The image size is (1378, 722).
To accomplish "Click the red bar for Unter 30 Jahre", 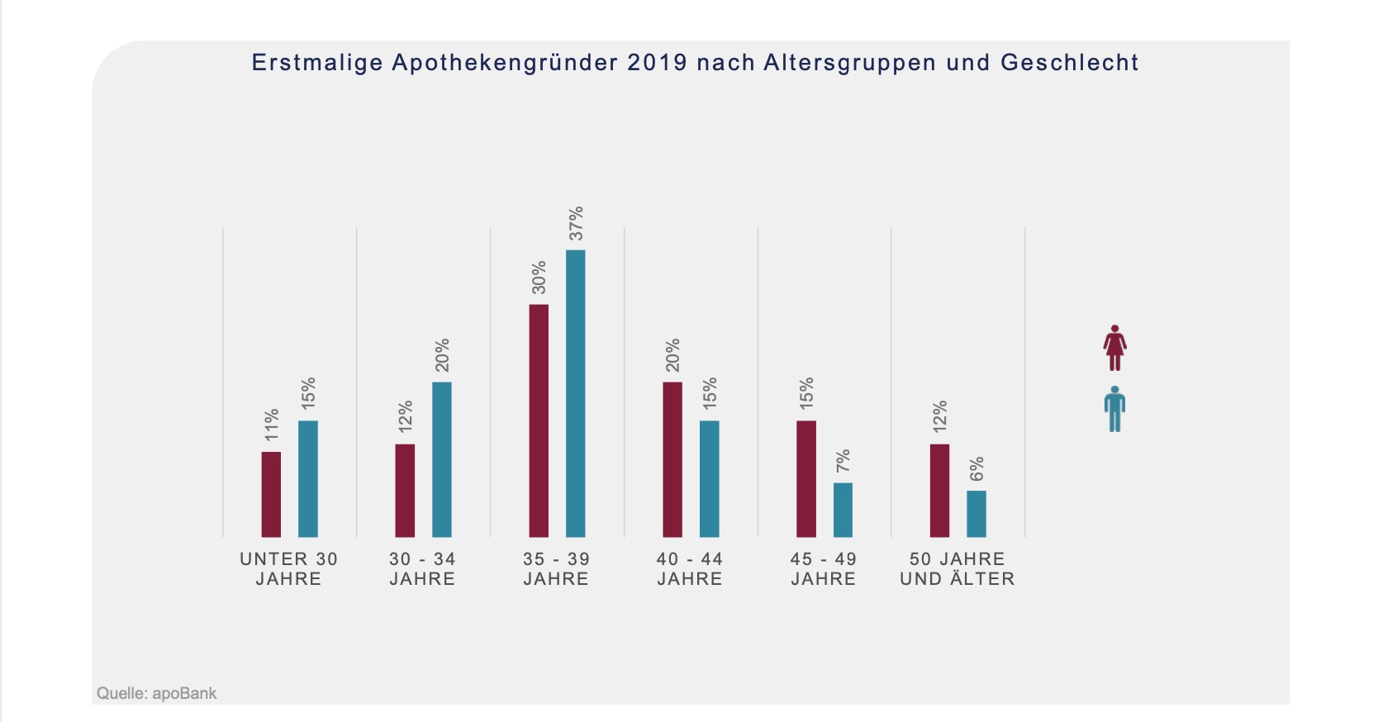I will pyautogui.click(x=271, y=494).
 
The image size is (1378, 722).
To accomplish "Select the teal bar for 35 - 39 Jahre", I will pyautogui.click(x=575, y=393).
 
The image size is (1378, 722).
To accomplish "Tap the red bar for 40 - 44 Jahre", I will pyautogui.click(x=672, y=459).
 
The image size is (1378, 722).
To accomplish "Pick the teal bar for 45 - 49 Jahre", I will pyautogui.click(x=843, y=510).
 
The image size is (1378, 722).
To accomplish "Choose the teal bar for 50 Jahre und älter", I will pyautogui.click(x=976, y=514).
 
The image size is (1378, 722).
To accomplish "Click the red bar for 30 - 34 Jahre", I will pyautogui.click(x=405, y=491).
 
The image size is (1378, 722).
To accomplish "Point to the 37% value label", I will pyautogui.click(x=576, y=223).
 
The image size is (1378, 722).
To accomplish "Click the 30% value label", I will pyautogui.click(x=539, y=278).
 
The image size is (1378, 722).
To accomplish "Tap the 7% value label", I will pyautogui.click(x=843, y=461).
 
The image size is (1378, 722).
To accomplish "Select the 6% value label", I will pyautogui.click(x=976, y=469).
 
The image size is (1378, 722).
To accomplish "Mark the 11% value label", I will pyautogui.click(x=272, y=425).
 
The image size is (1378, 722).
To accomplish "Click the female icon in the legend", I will pyautogui.click(x=1115, y=348).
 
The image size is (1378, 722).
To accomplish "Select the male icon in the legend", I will pyautogui.click(x=1115, y=409).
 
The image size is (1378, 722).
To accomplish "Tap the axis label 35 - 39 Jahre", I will pyautogui.click(x=556, y=569).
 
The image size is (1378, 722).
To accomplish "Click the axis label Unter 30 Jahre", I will pyautogui.click(x=288, y=569).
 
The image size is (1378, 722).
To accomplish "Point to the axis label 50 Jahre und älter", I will pyautogui.click(x=957, y=569).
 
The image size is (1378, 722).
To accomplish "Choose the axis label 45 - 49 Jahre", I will pyautogui.click(x=824, y=569).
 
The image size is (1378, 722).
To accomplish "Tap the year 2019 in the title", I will pyautogui.click(x=657, y=63).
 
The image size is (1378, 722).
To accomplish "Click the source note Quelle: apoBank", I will pyautogui.click(x=157, y=693).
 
